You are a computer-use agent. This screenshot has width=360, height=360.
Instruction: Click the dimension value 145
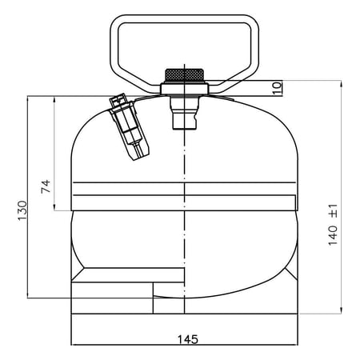[x=188, y=339]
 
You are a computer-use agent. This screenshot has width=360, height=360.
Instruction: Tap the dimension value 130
[x=22, y=210]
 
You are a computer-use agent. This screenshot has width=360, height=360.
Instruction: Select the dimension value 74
[x=46, y=186]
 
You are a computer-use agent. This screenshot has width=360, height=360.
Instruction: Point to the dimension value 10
[x=278, y=88]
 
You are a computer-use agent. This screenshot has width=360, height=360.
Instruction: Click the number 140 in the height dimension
[x=333, y=235]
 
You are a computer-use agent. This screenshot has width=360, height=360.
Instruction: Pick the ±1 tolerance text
[x=334, y=210]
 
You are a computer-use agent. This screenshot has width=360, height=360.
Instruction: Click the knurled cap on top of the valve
[x=185, y=75]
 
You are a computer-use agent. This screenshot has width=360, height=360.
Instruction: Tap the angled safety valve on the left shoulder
[x=130, y=126]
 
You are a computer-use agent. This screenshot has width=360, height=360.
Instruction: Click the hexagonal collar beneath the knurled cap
[x=185, y=88]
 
